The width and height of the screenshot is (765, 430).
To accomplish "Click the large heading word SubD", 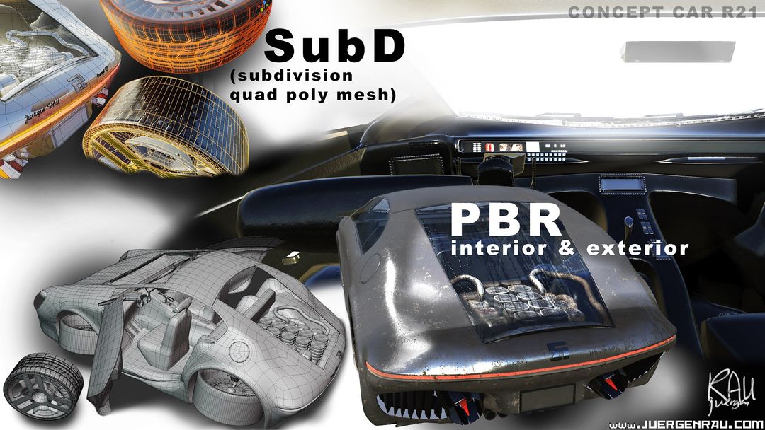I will click(335, 47).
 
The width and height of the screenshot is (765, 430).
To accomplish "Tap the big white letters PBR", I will click(506, 220).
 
